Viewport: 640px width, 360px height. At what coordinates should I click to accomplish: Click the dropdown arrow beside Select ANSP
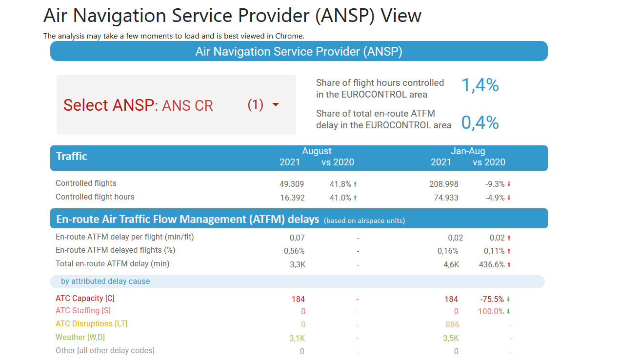tap(276, 105)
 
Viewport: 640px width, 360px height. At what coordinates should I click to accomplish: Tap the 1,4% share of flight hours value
tap(480, 85)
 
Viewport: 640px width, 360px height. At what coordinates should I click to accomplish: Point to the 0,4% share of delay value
tap(480, 122)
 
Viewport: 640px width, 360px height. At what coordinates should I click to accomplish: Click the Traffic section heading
tap(72, 156)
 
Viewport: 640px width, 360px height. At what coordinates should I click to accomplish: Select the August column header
tap(317, 151)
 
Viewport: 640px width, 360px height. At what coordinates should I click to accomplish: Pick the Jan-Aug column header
tap(468, 151)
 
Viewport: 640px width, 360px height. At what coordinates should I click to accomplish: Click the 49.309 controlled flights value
tap(291, 184)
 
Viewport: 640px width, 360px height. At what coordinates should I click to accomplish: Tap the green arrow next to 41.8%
tap(355, 184)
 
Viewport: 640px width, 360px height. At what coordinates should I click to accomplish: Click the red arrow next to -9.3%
tap(509, 184)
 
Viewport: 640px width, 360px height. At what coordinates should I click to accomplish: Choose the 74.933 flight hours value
tap(446, 198)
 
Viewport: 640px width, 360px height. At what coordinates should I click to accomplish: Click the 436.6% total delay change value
tap(492, 264)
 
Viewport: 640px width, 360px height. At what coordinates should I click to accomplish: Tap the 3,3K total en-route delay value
tap(298, 264)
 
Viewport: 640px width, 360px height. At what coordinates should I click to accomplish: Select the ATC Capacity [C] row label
tap(85, 298)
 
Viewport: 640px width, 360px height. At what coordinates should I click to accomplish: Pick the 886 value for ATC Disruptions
tap(452, 324)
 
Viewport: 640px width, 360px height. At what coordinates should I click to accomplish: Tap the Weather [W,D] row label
tap(80, 337)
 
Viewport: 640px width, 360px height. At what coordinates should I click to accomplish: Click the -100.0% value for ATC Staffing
tap(490, 311)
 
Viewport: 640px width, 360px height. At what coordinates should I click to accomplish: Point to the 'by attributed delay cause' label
tap(105, 281)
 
